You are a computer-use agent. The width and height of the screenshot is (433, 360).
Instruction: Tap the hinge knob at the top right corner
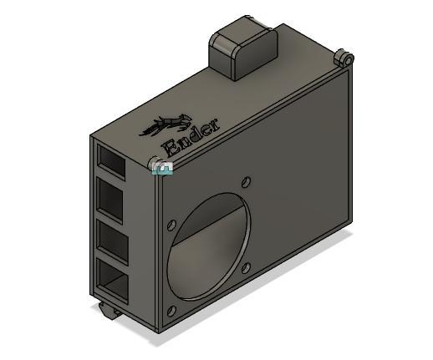pos(343,58)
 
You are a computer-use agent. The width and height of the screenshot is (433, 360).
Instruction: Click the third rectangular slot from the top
pos(113,241)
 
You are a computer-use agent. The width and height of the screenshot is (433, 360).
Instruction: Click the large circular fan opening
pos(209,246)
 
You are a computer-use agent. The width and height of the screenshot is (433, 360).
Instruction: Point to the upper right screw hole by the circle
pos(246,180)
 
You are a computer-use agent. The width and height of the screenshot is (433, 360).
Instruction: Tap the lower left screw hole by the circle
pos(171,311)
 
